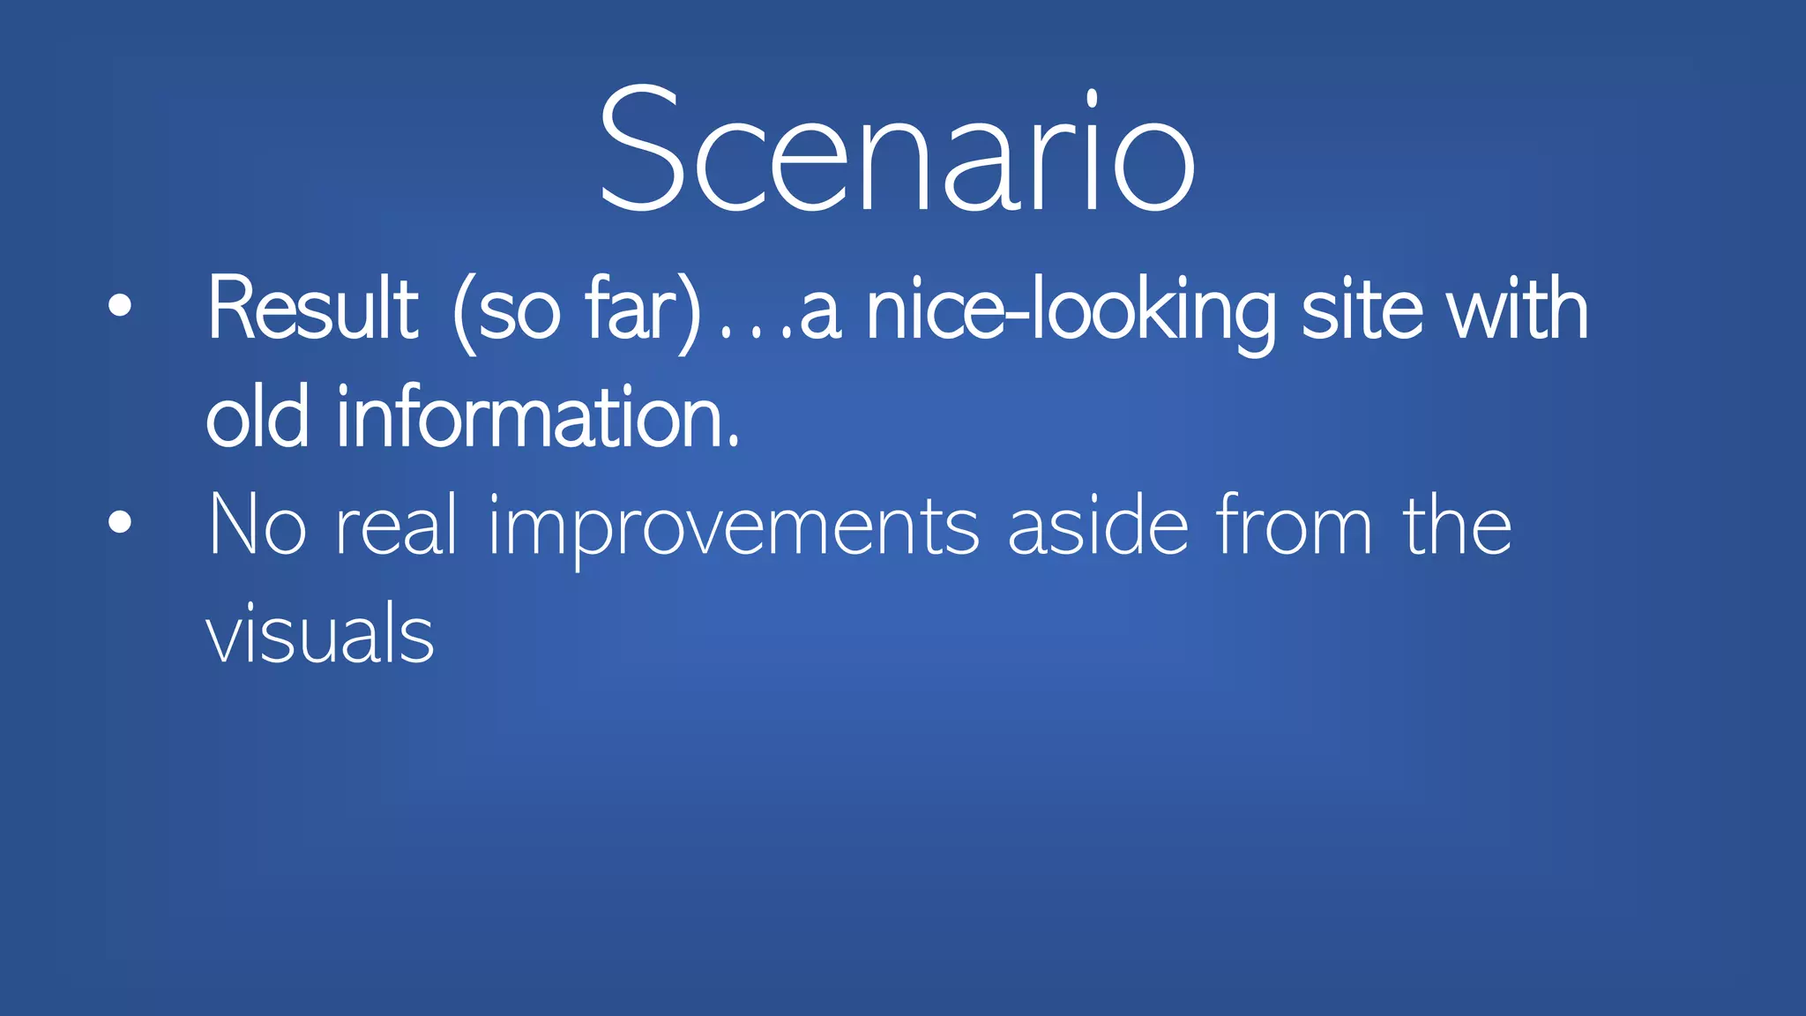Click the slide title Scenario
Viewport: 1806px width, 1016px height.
[897, 150]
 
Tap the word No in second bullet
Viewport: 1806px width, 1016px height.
[257, 526]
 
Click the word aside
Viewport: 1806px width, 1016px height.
[1098, 526]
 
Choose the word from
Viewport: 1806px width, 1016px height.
[1294, 526]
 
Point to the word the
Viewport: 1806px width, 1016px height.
[1457, 526]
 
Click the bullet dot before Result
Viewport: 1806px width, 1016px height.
[120, 306]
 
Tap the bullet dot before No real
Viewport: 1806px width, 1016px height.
[120, 522]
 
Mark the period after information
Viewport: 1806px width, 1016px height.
[734, 444]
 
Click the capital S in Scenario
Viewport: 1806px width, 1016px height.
[641, 150]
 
